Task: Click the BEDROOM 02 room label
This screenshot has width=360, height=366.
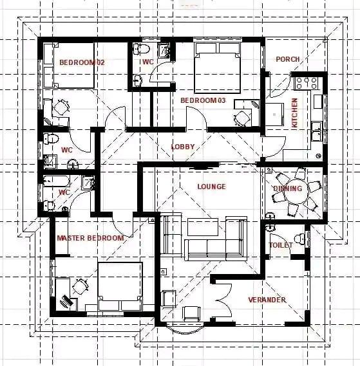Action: [82, 62]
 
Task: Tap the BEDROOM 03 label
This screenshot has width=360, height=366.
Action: [203, 100]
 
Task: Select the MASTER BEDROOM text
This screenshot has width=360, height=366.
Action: [90, 238]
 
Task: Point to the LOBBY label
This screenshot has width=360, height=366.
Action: [183, 147]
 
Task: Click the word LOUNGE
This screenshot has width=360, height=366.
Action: [212, 187]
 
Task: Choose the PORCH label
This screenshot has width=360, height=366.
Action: [288, 59]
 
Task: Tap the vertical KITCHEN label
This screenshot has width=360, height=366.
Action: [295, 113]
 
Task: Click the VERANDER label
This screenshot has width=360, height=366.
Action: [267, 300]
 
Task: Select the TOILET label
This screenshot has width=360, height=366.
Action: [281, 245]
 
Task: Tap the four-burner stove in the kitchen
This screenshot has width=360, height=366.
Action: [307, 84]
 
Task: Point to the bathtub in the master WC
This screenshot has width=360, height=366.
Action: [56, 181]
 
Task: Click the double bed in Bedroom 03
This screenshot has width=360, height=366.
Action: [218, 68]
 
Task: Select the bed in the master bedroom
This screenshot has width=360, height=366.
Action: [120, 287]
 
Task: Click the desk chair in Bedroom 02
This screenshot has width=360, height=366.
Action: [61, 107]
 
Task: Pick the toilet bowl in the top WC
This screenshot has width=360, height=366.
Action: [142, 49]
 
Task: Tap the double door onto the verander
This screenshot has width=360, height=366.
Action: [224, 300]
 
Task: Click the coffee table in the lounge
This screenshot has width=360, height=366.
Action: [203, 227]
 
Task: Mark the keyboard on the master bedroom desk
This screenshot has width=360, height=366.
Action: [66, 301]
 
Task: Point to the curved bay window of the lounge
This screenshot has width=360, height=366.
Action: [185, 329]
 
